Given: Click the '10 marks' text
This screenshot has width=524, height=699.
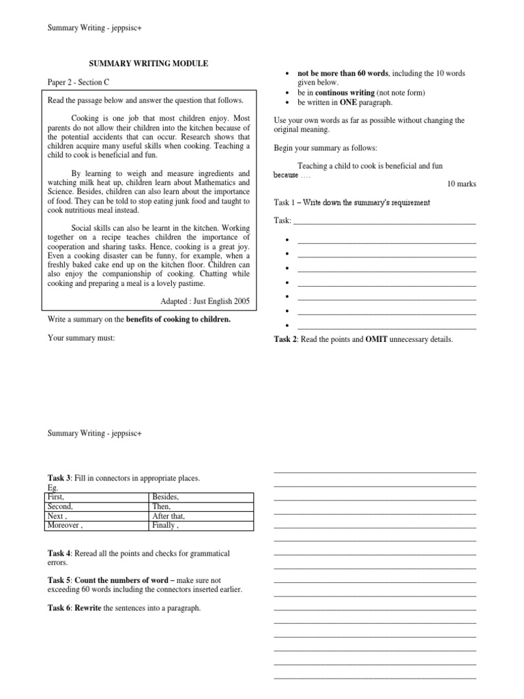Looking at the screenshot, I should coord(462,184).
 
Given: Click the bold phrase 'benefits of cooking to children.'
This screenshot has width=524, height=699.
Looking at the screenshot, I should coord(179,319).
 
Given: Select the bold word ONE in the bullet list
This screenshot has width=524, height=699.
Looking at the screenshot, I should coord(359,102).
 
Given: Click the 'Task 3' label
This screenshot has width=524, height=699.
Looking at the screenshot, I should coord(60,478).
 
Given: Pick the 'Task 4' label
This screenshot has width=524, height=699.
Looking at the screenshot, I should coord(60,553).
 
